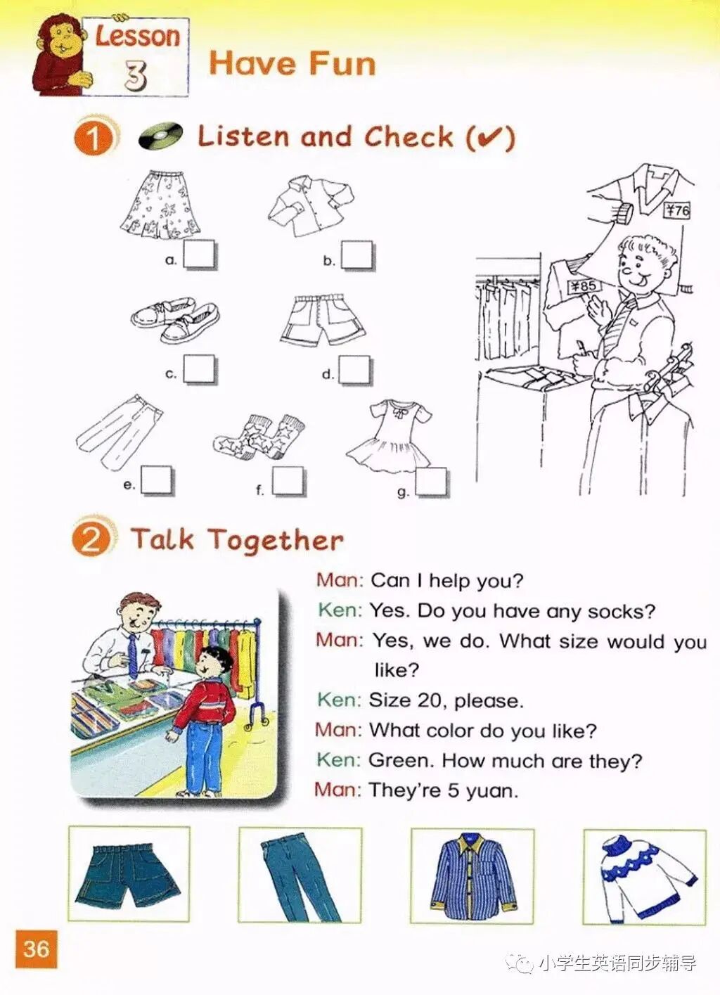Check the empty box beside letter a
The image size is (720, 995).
click(200, 255)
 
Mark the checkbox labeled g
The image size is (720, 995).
click(432, 482)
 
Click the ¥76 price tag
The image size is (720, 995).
click(677, 210)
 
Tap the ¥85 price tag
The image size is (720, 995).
click(583, 286)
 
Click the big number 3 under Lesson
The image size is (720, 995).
click(135, 74)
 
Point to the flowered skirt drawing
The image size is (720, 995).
click(160, 205)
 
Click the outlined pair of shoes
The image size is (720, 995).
click(175, 320)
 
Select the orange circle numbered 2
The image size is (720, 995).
click(91, 539)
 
